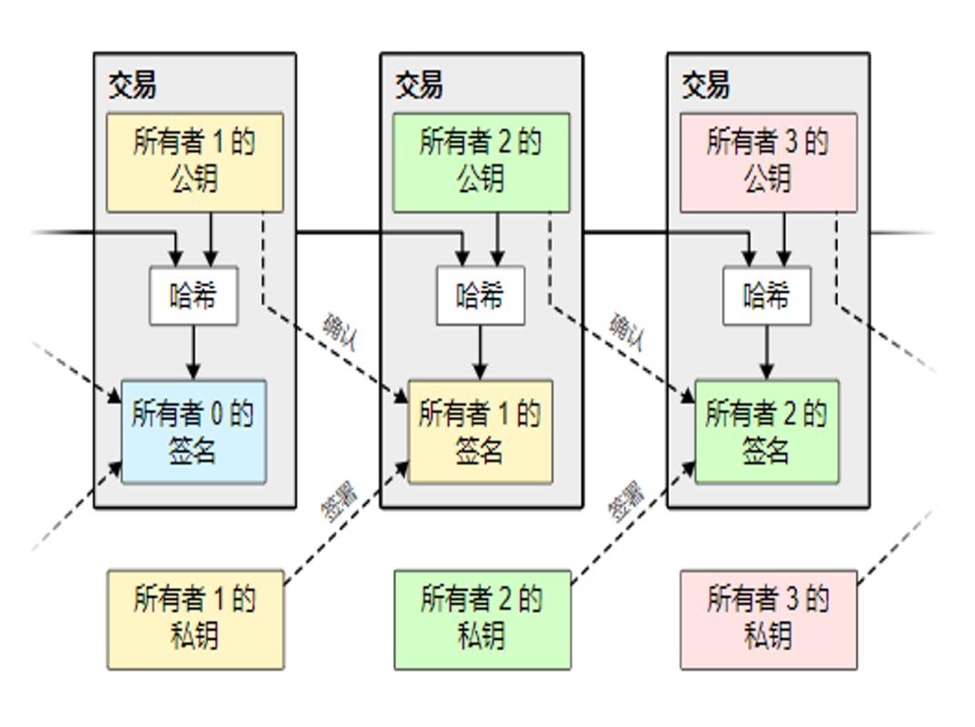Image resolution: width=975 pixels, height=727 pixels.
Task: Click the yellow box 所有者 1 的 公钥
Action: pos(194,162)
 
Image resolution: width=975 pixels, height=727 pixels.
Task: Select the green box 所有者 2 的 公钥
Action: pos(481,162)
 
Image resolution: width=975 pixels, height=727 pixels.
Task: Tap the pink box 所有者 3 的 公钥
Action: pos(768,162)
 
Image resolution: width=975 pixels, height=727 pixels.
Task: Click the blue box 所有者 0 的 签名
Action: pos(194,432)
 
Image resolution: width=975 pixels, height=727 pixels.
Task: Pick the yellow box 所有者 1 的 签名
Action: pos(480,432)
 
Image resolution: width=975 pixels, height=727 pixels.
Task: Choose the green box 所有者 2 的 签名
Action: pos(767,432)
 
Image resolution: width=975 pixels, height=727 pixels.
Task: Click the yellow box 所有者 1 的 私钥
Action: pos(195,619)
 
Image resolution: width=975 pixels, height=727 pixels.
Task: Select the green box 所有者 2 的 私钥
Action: pos(482,619)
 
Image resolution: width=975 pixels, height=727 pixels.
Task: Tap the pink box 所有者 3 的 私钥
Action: pos(769,619)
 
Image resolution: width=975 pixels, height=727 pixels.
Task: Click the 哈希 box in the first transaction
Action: pos(194,295)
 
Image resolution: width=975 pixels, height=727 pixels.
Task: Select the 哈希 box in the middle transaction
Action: pos(480,295)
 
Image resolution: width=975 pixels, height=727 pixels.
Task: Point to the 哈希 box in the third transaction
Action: pos(767,295)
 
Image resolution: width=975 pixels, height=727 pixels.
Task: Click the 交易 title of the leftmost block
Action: pos(133,85)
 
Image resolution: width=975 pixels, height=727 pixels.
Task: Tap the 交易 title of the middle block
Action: pos(419,85)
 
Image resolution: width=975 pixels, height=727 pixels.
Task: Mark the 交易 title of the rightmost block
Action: pos(706,85)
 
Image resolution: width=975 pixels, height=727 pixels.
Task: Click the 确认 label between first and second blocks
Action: pos(341,333)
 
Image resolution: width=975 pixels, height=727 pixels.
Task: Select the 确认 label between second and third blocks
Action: pos(627,333)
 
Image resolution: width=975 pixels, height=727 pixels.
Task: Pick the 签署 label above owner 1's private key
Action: pos(339,501)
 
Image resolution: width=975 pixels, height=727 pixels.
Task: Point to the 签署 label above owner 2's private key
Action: pos(626,501)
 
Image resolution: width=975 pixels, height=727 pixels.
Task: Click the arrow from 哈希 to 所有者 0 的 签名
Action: pos(194,353)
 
